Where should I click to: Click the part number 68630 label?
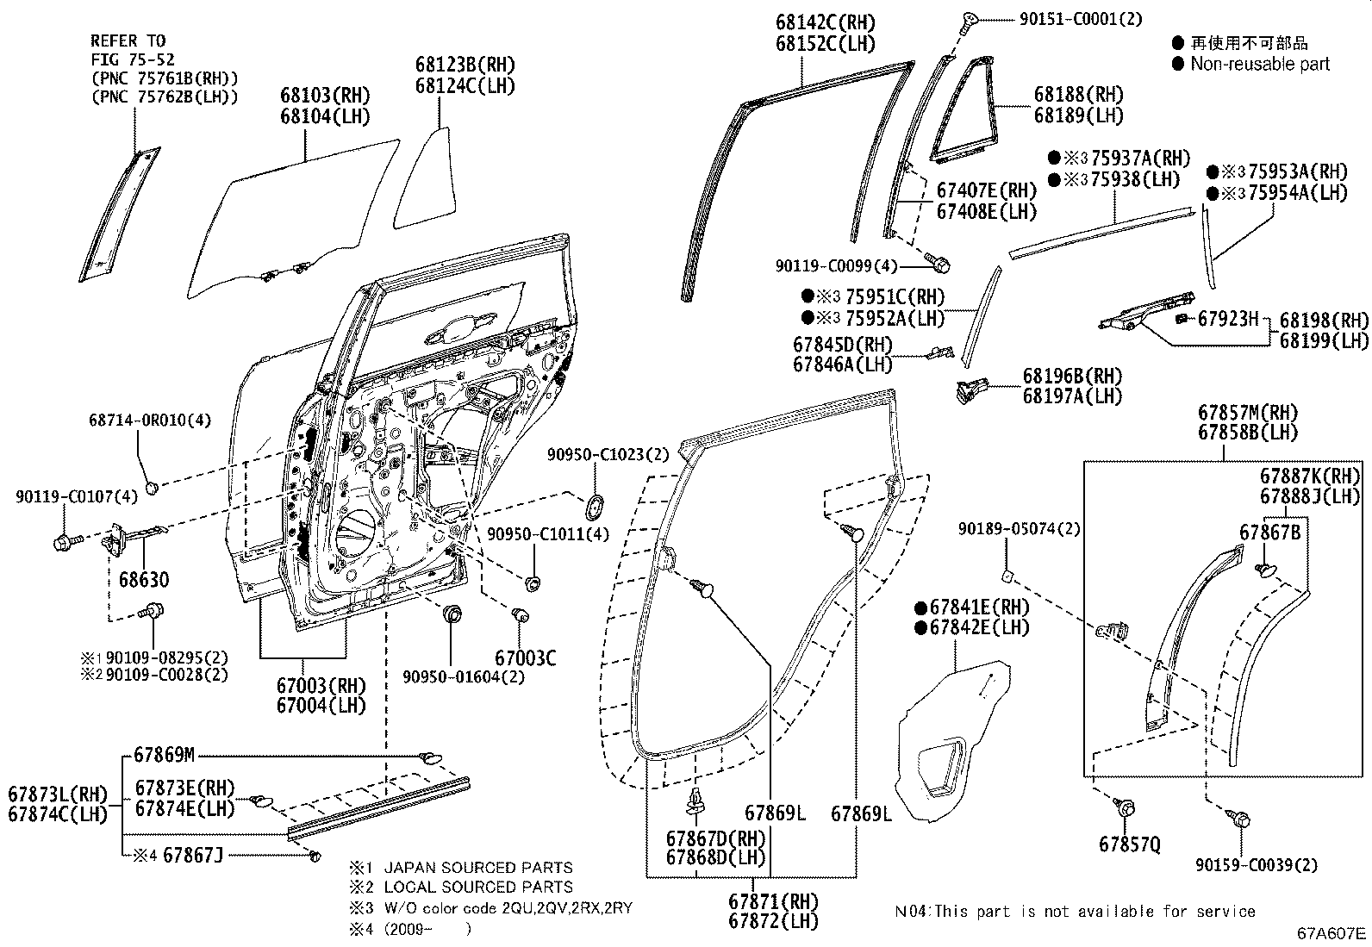[144, 579]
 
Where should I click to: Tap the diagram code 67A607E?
[1332, 933]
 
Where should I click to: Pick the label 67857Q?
[1129, 844]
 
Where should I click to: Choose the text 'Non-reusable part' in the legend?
[1259, 64]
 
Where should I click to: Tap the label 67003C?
[525, 658]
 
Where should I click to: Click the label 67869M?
[165, 756]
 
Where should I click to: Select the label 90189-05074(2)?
[1019, 529]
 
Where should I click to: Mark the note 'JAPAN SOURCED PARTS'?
[477, 868]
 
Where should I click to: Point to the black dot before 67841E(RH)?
[920, 607]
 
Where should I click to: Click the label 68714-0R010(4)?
[150, 421]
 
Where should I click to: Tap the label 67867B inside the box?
[1269, 533]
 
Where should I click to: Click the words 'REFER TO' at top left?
[128, 40]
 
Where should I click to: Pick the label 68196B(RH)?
[1072, 376]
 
